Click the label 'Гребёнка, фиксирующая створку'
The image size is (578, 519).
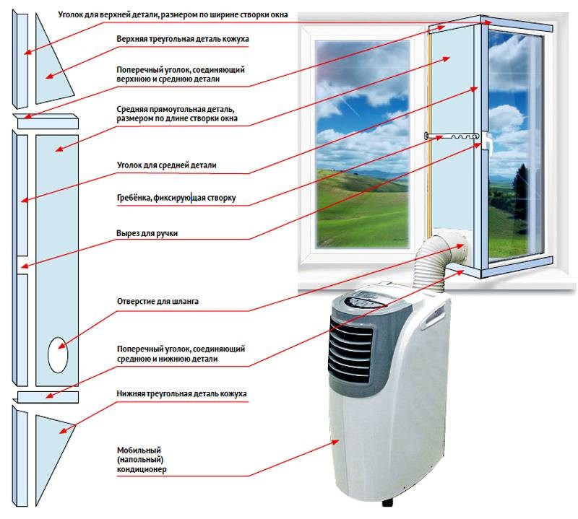coord(176,198)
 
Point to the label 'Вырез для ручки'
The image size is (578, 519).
coord(147,233)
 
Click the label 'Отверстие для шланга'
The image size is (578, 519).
coord(158,301)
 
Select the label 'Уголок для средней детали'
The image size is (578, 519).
coord(167,165)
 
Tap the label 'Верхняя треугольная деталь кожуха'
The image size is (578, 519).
coord(183,39)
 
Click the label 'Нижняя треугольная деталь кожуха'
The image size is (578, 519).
coord(181,393)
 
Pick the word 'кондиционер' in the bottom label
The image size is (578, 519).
coord(142,469)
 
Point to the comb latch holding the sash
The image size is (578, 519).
coord(452,136)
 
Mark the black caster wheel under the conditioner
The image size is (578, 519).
coord(387,502)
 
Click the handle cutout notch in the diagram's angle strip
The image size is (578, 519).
coord(22,265)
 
